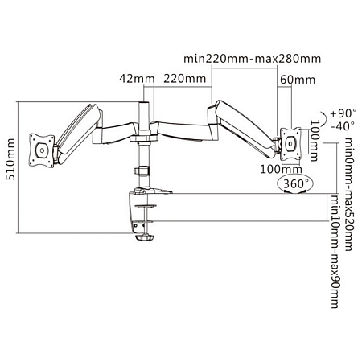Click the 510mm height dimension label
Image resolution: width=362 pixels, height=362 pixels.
[x=10, y=167]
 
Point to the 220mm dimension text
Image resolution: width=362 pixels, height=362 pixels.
[x=183, y=78]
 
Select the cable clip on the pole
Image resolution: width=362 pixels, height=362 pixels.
[x=142, y=171]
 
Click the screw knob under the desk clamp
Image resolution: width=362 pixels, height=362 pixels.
[x=143, y=237]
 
